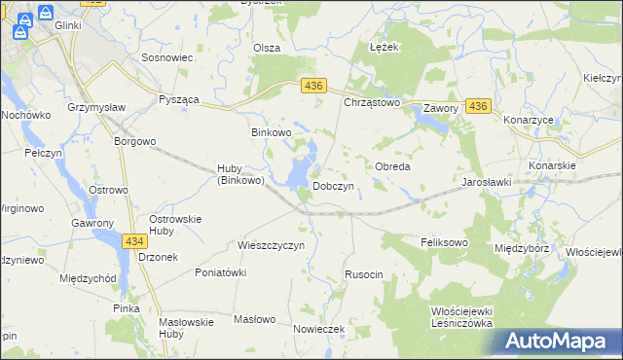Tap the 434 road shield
pyautogui.click(x=134, y=239)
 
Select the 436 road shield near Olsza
pyautogui.click(x=312, y=87)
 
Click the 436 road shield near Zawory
pyautogui.click(x=477, y=105)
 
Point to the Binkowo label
pyautogui.click(x=272, y=131)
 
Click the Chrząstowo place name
pyautogui.click(x=372, y=102)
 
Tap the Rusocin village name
pyautogui.click(x=364, y=275)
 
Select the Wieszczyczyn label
pyautogui.click(x=272, y=245)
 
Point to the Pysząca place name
pyautogui.click(x=179, y=99)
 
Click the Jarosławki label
pyautogui.click(x=487, y=182)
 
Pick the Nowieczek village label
pyautogui.click(x=319, y=329)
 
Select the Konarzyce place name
pyautogui.click(x=529, y=120)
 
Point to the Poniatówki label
pyautogui.click(x=220, y=272)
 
